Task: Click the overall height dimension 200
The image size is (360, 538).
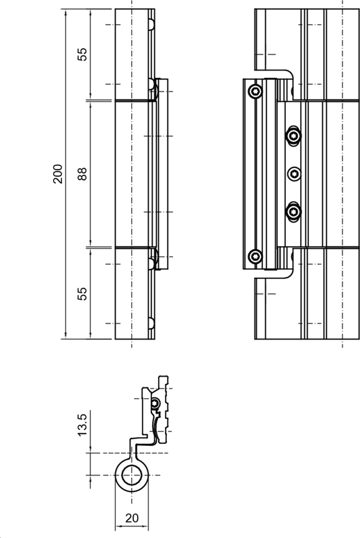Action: tap(58, 174)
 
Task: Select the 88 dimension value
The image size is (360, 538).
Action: tap(83, 174)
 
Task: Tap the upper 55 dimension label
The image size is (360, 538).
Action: tap(83, 54)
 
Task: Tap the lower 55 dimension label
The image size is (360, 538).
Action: tap(83, 293)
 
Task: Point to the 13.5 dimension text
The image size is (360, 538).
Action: tap(83, 426)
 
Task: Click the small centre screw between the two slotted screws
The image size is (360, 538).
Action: tap(293, 174)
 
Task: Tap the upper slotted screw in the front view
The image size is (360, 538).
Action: tap(293, 136)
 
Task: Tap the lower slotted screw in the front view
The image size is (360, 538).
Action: tap(293, 212)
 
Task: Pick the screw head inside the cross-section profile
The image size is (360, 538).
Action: tap(155, 403)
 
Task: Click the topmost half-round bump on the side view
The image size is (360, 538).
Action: tap(152, 24)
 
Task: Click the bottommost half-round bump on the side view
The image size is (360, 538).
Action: tap(152, 323)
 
